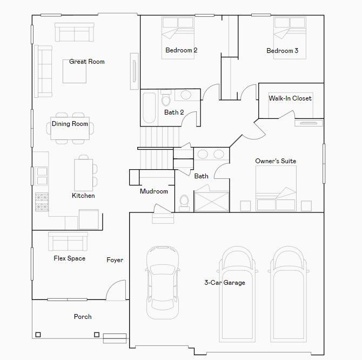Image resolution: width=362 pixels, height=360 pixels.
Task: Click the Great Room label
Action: tap(87, 62)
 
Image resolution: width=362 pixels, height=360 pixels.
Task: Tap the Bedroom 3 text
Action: tap(283, 51)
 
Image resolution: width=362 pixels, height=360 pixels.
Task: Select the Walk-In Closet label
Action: tap(290, 98)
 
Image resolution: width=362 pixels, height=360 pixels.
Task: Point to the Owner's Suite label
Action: tap(276, 161)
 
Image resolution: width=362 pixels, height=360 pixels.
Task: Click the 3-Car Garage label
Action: tap(225, 283)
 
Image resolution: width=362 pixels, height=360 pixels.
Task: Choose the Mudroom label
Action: tap(154, 191)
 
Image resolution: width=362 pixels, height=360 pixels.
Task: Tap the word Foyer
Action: tap(115, 260)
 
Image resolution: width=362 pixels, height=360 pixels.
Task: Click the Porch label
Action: tap(83, 317)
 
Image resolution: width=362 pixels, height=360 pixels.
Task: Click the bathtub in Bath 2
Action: tap(149, 108)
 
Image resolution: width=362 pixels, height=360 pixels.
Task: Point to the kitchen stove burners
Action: tap(42, 202)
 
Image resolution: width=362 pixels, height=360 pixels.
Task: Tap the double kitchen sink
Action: tap(41, 176)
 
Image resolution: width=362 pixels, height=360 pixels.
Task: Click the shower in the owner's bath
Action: tap(211, 202)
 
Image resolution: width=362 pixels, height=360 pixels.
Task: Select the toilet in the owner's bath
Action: tap(184, 203)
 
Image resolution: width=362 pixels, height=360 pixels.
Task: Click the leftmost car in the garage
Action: tap(163, 283)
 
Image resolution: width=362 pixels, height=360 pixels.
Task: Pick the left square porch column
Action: tap(38, 335)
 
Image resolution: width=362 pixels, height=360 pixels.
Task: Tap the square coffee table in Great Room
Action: tap(75, 71)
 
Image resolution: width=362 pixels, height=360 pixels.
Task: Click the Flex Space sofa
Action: tap(68, 242)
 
